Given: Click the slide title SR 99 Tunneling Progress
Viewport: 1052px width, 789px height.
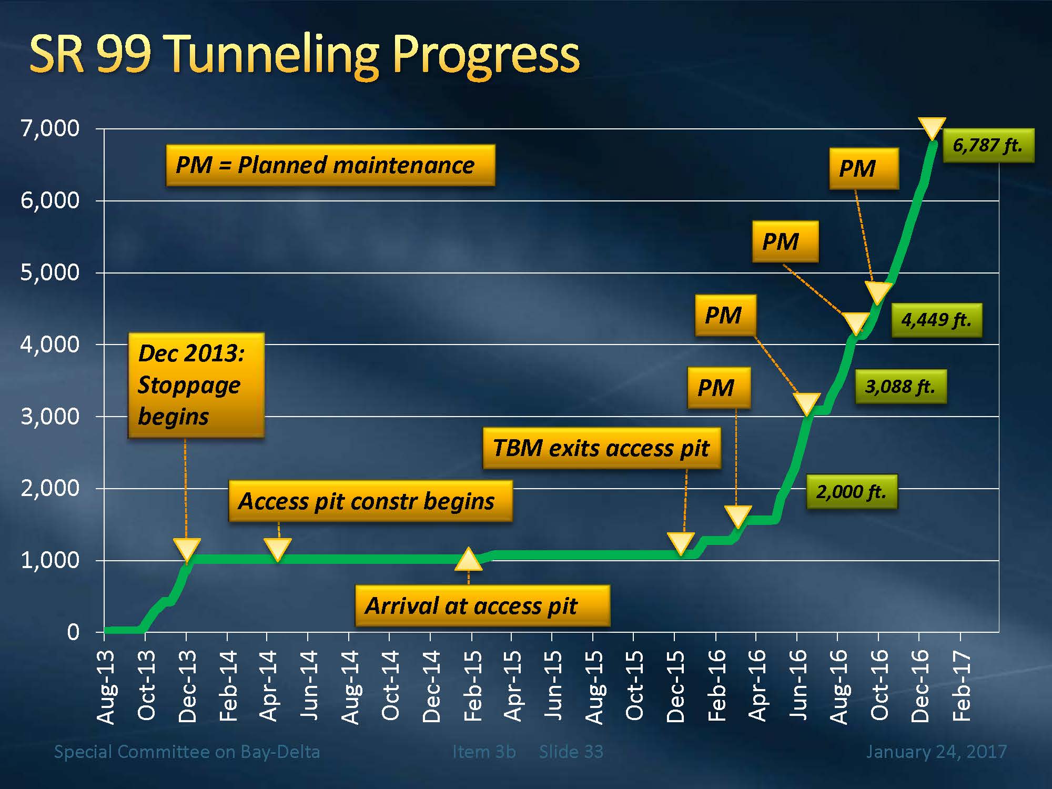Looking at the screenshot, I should tap(304, 55).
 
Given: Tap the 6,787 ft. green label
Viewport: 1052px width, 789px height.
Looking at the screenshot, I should tap(988, 145).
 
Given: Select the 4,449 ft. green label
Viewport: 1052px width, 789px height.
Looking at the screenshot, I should tap(936, 320).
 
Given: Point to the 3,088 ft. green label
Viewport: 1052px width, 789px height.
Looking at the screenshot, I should tap(901, 387).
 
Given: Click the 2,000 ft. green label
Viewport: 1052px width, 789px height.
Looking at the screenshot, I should tap(851, 492).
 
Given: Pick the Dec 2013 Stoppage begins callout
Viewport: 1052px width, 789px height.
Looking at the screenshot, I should tap(196, 385).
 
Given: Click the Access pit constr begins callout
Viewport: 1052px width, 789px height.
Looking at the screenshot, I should tap(370, 501).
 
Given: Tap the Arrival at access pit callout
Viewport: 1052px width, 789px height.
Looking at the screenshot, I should tap(482, 606).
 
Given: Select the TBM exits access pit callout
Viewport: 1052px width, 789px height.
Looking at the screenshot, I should tap(601, 448).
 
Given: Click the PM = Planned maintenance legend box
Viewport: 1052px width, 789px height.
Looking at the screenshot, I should tap(330, 165).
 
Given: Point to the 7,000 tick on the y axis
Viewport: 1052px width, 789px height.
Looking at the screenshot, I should tap(50, 128).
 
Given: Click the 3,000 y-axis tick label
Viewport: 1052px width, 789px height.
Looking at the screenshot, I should tap(50, 417).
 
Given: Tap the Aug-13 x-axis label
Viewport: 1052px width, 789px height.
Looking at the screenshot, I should tap(106, 687).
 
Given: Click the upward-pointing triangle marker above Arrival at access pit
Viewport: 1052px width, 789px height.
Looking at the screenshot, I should tap(468, 560).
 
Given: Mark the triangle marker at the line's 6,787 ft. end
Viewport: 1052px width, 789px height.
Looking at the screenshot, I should tap(932, 128).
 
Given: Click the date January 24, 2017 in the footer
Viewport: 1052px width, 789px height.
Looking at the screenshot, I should tap(936, 752).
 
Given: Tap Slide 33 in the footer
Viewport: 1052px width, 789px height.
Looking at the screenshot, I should tap(571, 752).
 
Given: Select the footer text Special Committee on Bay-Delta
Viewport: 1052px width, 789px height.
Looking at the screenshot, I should tap(187, 752).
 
